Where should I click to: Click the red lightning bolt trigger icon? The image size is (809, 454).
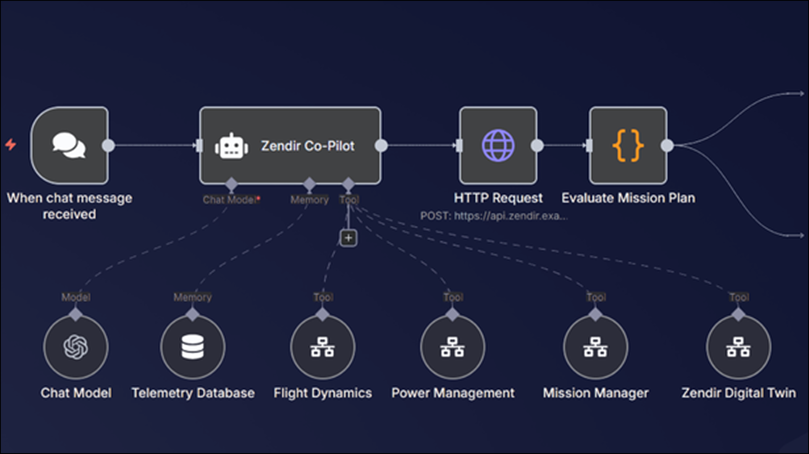(x=11, y=145)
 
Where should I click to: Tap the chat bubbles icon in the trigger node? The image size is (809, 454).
(x=69, y=145)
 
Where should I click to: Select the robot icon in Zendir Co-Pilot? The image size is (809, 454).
(x=231, y=146)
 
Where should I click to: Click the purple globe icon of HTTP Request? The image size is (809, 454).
(x=498, y=145)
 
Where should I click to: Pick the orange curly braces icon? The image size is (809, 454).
(x=628, y=145)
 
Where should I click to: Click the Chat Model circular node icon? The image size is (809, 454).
(x=76, y=347)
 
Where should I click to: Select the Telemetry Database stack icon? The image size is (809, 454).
(x=193, y=347)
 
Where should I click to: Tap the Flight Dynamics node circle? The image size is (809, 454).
(x=323, y=347)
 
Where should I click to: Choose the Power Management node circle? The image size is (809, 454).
(x=452, y=347)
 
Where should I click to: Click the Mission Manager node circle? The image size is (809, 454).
(x=596, y=347)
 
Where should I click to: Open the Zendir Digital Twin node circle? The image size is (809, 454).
(x=738, y=347)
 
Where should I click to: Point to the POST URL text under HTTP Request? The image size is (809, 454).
(x=494, y=216)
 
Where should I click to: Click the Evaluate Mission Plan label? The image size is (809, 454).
(x=628, y=198)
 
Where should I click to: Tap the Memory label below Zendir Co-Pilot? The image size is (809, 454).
(x=310, y=200)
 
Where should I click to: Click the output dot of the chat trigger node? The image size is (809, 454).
(x=108, y=145)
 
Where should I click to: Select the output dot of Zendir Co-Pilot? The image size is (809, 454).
(x=381, y=145)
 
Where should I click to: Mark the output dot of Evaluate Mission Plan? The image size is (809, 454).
(x=667, y=145)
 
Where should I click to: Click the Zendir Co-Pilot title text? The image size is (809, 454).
(x=308, y=146)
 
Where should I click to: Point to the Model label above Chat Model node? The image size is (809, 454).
(x=76, y=297)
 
